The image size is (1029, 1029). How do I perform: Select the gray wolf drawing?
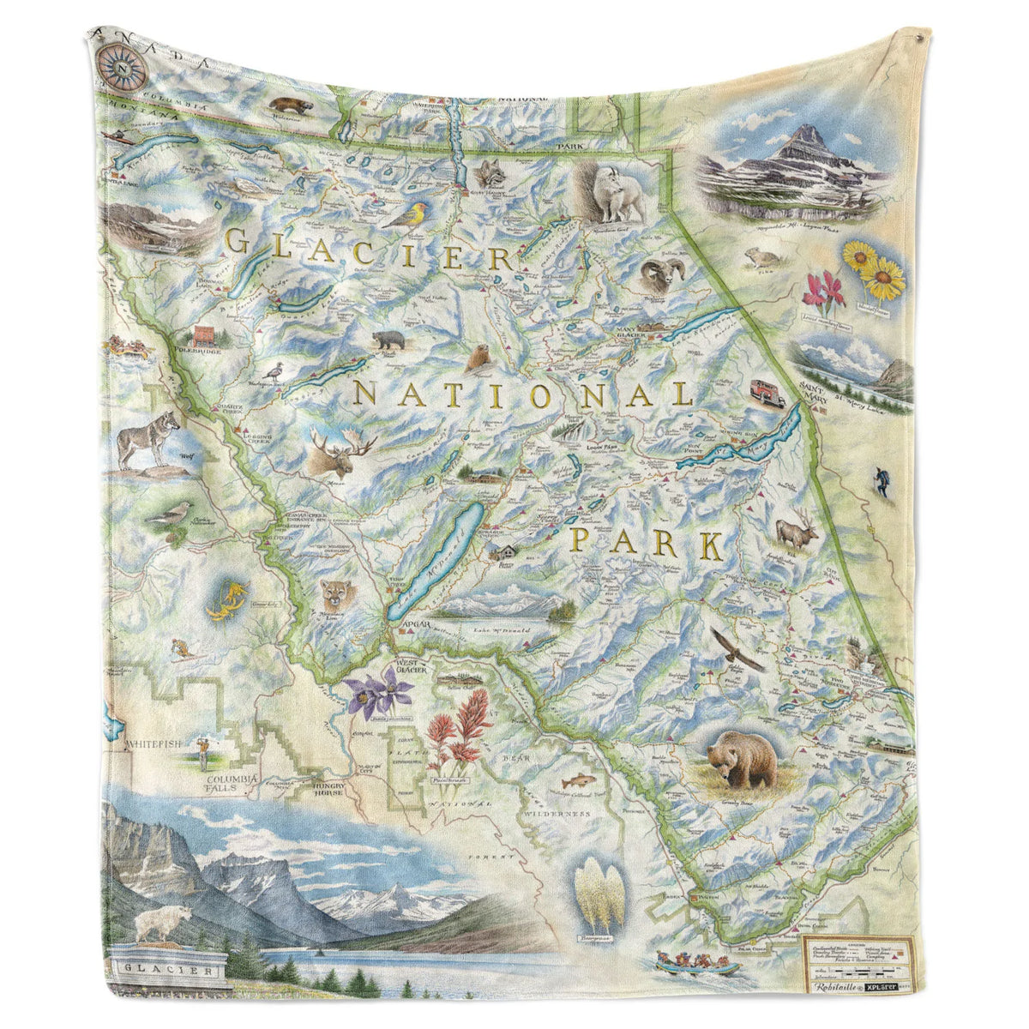148,439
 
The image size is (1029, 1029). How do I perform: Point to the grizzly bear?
741,758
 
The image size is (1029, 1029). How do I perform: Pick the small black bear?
388,340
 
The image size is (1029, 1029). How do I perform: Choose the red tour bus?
766,392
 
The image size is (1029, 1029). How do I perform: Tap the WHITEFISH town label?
153,743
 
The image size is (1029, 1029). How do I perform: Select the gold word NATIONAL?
524,395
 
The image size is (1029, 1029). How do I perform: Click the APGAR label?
411,627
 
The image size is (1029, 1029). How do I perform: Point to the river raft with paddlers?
697,964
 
